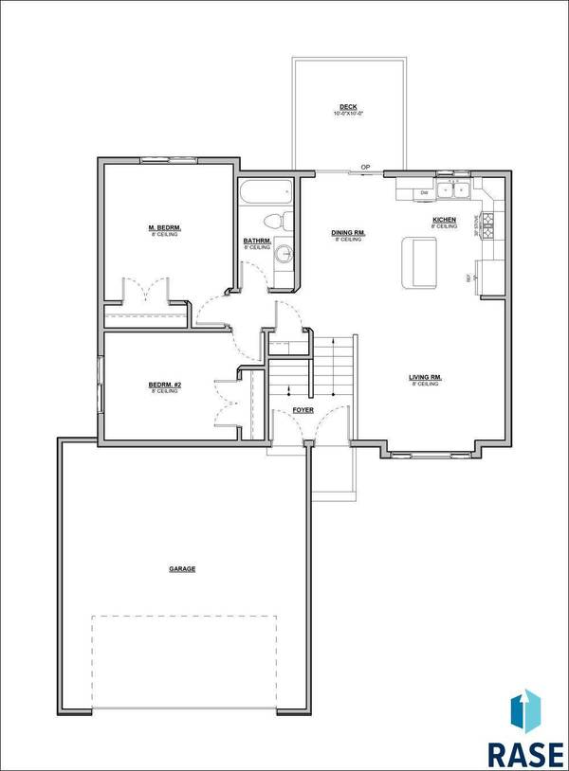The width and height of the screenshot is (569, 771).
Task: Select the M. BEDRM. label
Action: pos(164,229)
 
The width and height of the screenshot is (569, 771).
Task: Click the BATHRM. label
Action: pos(258,242)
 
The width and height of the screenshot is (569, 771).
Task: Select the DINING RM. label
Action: pos(349,233)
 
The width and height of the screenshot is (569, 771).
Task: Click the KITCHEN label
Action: pos(445,221)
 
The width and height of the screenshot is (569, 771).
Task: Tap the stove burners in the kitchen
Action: pos(489,225)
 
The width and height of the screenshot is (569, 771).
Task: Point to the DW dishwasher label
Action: pos(425,193)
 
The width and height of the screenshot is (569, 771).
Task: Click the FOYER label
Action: pos(303,411)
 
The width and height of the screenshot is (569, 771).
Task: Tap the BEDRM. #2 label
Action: pos(164,385)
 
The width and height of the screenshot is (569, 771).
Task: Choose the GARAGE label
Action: pos(182,569)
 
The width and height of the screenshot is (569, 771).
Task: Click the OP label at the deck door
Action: pos(365,169)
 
